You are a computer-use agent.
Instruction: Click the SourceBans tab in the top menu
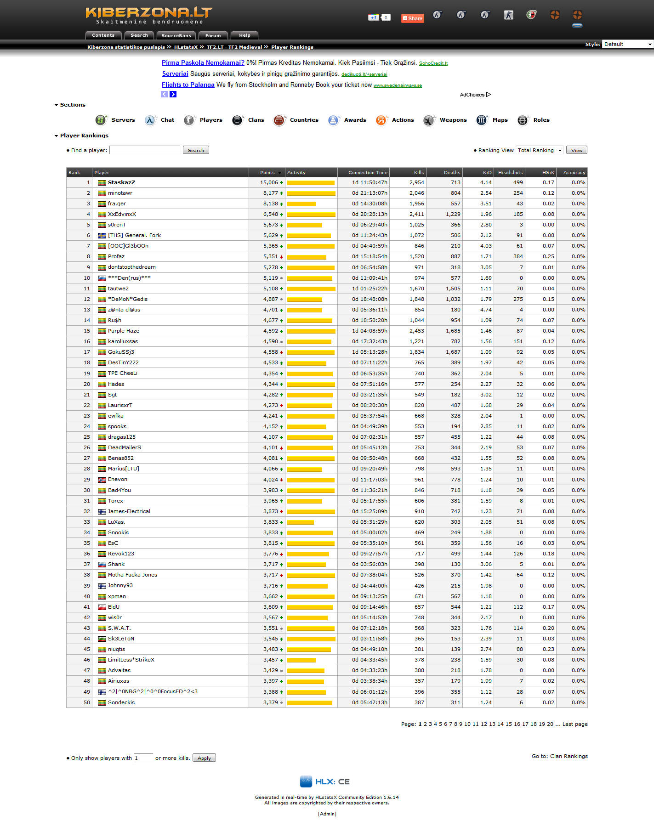pyautogui.click(x=176, y=35)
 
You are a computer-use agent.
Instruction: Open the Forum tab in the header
pyautogui.click(x=213, y=35)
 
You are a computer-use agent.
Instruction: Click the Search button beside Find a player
pyautogui.click(x=196, y=150)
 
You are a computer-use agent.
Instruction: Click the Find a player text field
pyautogui.click(x=145, y=150)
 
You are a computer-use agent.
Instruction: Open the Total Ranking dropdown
pyautogui.click(x=540, y=150)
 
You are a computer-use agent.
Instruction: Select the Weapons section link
pyautogui.click(x=453, y=120)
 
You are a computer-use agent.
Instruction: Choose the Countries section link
pyautogui.click(x=304, y=120)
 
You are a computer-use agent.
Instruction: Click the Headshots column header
pyautogui.click(x=510, y=173)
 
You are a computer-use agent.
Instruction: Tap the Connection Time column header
pyautogui.click(x=368, y=173)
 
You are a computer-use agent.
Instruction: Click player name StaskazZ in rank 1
pyautogui.click(x=121, y=182)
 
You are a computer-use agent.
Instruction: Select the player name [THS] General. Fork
pyautogui.click(x=134, y=235)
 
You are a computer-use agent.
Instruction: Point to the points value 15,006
pyautogui.click(x=269, y=182)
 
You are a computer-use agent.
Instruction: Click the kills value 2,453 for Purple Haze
pyautogui.click(x=416, y=331)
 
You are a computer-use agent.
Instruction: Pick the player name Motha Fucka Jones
pyautogui.click(x=132, y=575)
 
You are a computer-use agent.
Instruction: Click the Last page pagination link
pyautogui.click(x=575, y=724)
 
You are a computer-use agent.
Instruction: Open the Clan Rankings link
pyautogui.click(x=569, y=756)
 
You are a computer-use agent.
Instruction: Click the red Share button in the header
pyautogui.click(x=412, y=18)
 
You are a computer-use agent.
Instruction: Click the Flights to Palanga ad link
pyautogui.click(x=188, y=85)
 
